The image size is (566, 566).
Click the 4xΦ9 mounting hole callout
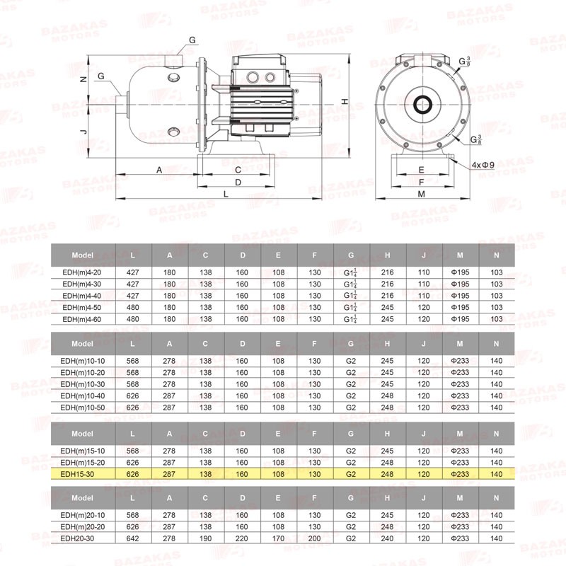tap(483, 165)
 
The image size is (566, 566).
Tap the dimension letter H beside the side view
tap(345, 101)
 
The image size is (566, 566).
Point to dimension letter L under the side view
tap(226, 194)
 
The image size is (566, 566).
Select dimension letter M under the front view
tap(421, 194)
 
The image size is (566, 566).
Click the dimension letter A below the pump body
tap(159, 170)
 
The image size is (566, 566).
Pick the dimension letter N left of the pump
tap(83, 79)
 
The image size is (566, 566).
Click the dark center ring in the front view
tap(422, 105)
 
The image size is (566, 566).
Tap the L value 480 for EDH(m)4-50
tap(133, 308)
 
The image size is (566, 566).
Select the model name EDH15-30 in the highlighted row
tap(77, 474)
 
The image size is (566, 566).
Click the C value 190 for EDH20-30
tap(205, 538)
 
